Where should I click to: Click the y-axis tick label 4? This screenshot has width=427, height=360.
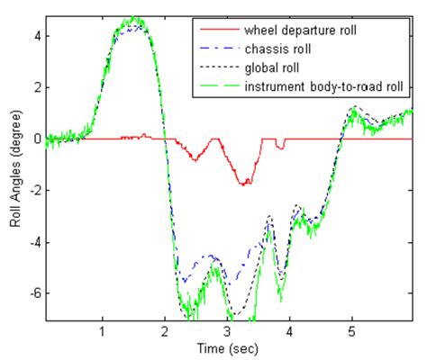point(37,35)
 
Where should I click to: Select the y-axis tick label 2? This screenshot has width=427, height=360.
point(37,87)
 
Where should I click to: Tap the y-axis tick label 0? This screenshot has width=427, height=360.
point(37,139)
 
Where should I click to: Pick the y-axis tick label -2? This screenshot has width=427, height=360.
point(34,191)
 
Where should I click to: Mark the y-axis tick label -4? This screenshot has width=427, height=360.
point(34,243)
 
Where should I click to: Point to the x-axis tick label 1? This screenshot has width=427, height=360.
point(102,331)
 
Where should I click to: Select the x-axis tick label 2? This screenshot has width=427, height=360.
point(164,331)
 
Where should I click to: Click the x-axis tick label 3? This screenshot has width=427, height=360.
point(227,331)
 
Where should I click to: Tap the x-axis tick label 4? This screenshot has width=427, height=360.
point(289,331)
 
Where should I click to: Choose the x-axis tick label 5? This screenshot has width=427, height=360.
point(351,331)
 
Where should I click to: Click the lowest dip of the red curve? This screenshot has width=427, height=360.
point(244,184)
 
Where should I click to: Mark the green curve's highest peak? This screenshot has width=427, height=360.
point(135,18)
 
